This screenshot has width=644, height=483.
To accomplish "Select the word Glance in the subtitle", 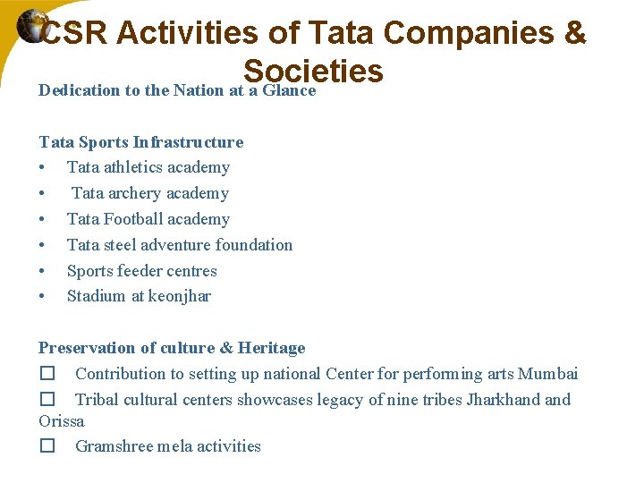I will pyautogui.click(x=289, y=90).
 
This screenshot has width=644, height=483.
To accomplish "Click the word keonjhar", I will pyautogui.click(x=180, y=296).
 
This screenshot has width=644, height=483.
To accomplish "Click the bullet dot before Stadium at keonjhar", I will pyautogui.click(x=43, y=297).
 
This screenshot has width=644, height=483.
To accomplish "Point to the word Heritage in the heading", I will pyautogui.click(x=273, y=348).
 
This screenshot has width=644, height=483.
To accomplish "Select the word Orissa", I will pyautogui.click(x=62, y=420).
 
